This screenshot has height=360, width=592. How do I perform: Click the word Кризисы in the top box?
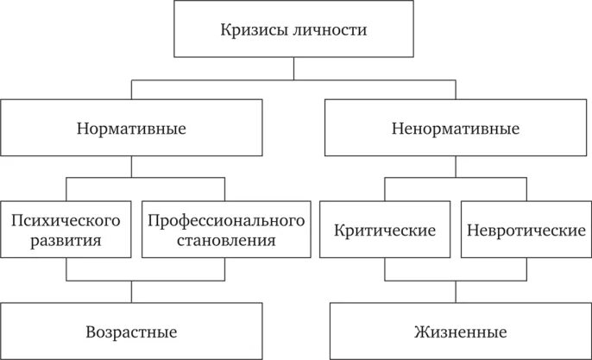tap(252, 30)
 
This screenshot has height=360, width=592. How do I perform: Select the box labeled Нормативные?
tap(131, 129)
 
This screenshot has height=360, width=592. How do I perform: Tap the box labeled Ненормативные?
tap(456, 129)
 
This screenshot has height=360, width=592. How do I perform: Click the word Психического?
tap(66, 220)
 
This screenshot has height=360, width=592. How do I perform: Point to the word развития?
tap(66, 240)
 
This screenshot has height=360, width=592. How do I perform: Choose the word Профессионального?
tap(226, 220)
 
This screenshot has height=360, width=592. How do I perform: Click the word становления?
tap(226, 240)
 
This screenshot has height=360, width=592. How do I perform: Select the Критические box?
tap(384, 231)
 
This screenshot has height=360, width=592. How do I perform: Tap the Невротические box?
tap(526, 231)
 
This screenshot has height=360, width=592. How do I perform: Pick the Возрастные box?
tap(131, 332)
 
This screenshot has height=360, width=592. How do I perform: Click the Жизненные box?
tap(456, 332)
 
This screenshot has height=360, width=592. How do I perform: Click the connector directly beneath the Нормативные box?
tap(131, 167)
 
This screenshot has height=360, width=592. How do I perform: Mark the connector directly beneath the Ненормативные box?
tap(456, 167)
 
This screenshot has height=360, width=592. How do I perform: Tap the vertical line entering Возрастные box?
tap(131, 292)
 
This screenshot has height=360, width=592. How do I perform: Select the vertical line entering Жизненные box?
tap(456, 292)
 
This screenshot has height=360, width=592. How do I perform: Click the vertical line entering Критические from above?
tap(384, 189)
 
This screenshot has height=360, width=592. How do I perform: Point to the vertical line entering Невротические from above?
tap(526, 189)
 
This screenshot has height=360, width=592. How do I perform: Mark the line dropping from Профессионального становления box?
tap(226, 269)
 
